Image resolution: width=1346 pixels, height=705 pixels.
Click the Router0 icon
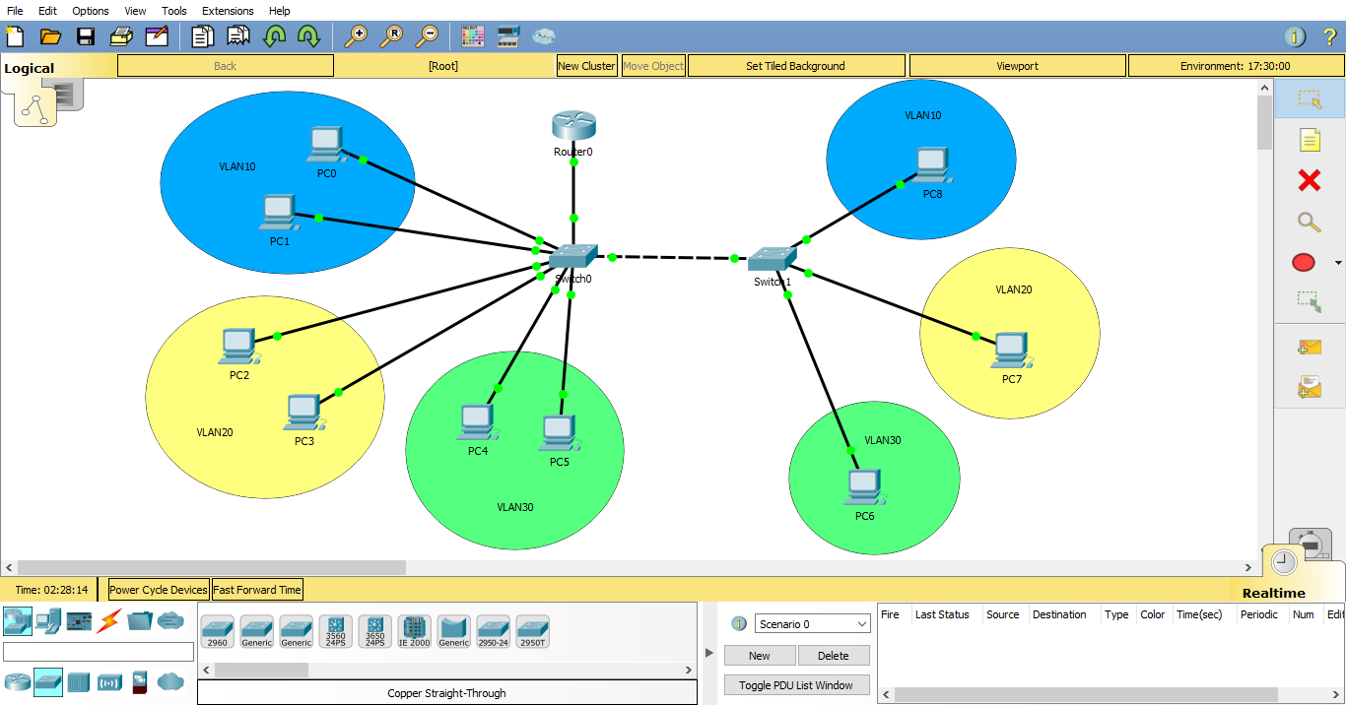[573, 127]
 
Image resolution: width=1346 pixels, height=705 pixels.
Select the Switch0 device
[572, 256]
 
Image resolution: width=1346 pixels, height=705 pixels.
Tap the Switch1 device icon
[772, 259]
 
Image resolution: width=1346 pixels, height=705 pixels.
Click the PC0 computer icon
[325, 144]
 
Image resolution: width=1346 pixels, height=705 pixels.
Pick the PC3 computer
[303, 413]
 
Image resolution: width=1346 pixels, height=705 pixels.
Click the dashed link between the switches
[673, 258]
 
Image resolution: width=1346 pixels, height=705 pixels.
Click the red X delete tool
[1309, 180]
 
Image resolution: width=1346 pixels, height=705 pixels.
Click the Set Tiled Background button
[795, 66]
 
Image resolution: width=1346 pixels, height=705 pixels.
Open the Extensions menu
[228, 11]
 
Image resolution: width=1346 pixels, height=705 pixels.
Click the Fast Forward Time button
[257, 590]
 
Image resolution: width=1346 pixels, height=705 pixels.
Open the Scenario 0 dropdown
[813, 624]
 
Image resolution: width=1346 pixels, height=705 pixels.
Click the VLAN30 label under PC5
[514, 507]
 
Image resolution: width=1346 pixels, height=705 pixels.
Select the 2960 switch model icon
[217, 631]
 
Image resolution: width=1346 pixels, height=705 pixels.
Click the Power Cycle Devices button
[158, 590]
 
